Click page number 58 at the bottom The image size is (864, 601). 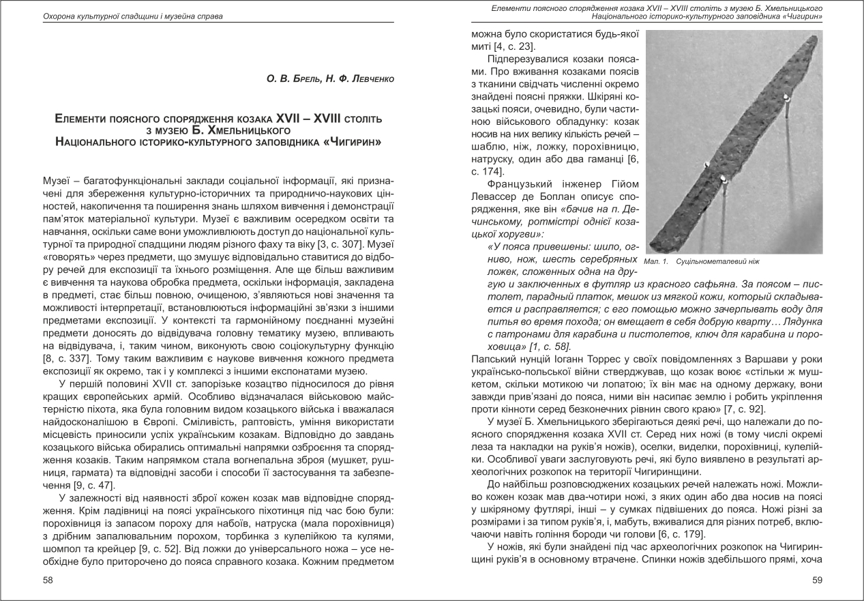click(48, 580)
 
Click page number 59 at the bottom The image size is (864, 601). click(816, 580)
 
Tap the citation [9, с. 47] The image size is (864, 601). click(91, 485)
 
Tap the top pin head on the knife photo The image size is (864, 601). click(787, 99)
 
